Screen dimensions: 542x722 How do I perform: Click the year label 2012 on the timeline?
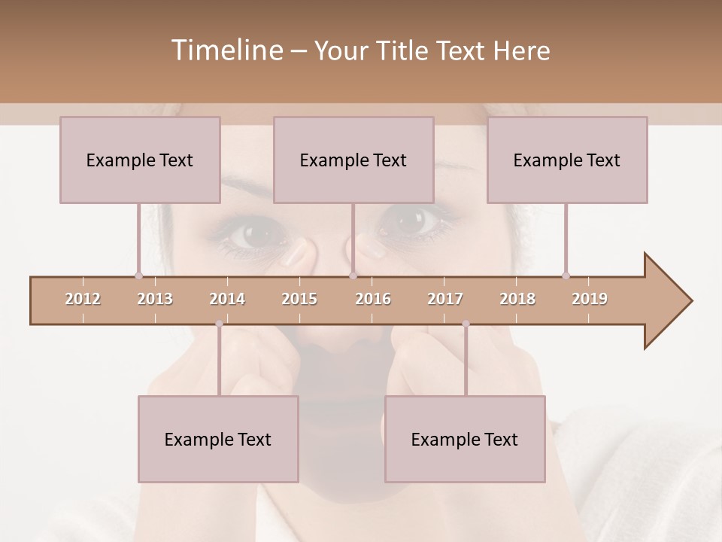pos(83,299)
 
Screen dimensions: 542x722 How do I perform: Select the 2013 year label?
pos(155,299)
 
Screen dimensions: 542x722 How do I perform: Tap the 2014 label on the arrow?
pos(227,299)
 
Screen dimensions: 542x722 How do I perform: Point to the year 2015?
pos(299,299)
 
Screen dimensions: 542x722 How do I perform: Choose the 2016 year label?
pos(373,299)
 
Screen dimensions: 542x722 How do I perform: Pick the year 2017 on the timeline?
pos(445,299)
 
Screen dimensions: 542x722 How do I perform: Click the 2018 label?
pos(517,299)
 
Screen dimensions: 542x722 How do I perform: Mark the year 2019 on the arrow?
pos(590,299)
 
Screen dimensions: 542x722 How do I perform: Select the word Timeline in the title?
pos(226,50)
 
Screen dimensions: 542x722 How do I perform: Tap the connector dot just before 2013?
pos(138,276)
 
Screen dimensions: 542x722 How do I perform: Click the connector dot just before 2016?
pos(353,276)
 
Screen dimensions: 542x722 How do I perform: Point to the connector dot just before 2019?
pos(566,276)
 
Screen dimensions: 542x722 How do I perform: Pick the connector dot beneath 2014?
pos(219,324)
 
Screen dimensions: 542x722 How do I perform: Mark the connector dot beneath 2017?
pos(466,324)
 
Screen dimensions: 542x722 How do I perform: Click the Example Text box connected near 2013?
pos(140,160)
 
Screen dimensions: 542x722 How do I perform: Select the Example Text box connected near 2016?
pos(353,160)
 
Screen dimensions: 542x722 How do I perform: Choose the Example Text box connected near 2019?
pos(567,160)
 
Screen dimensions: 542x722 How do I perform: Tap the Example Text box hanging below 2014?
pos(218,439)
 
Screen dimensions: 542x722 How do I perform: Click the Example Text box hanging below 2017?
pos(465,439)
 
